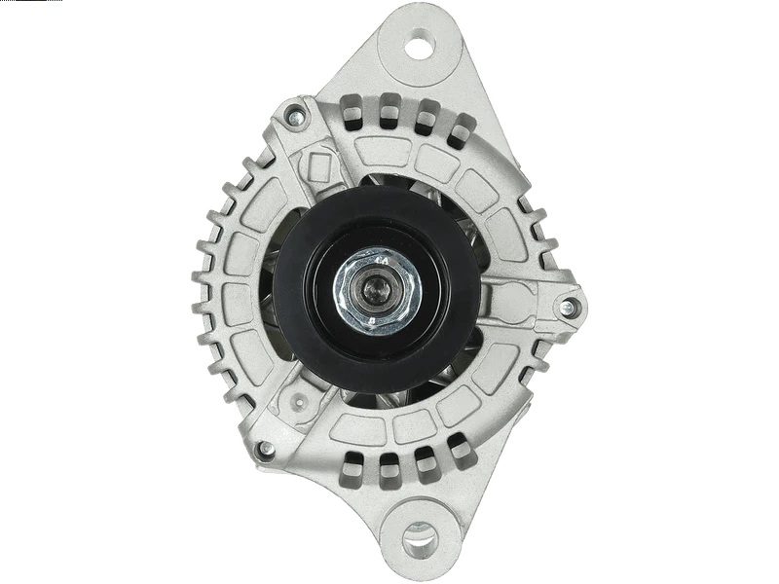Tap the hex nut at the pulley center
click(x=373, y=289)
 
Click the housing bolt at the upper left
click(x=290, y=121)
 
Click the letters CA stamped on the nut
click(x=384, y=262)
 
